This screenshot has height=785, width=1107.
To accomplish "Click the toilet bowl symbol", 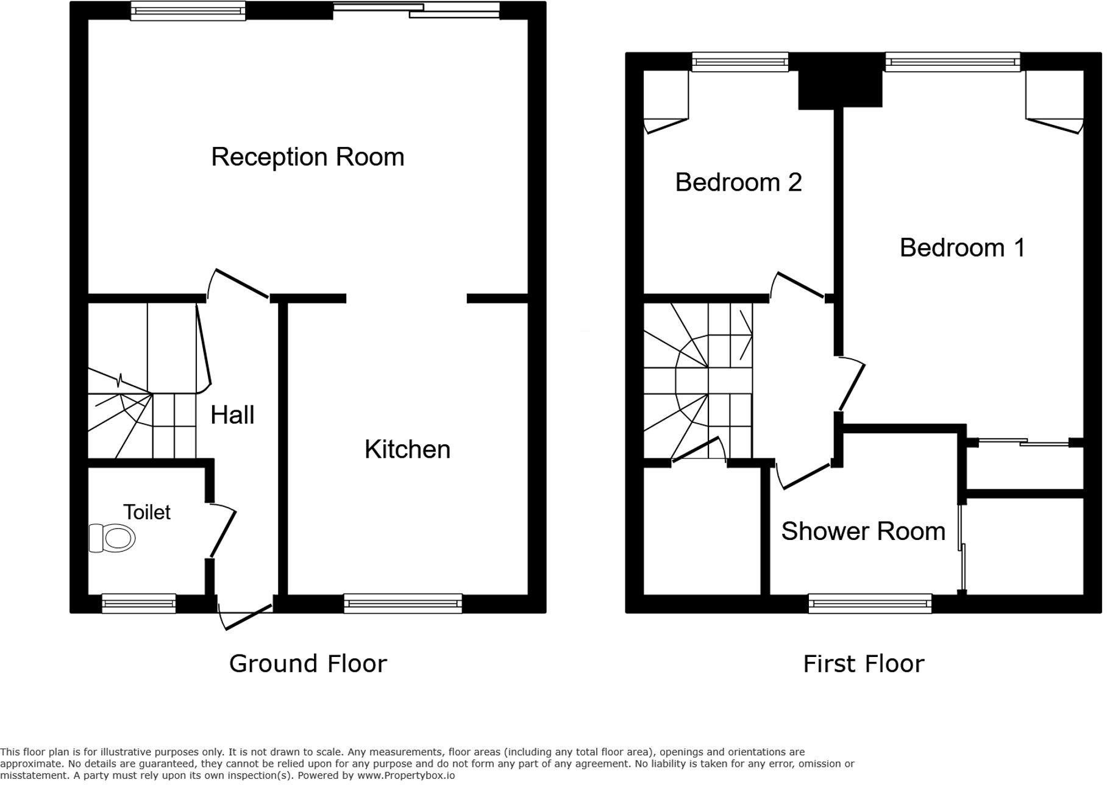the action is (112, 538).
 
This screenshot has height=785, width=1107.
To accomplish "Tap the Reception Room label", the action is (308, 157).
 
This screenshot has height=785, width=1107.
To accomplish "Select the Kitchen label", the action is (407, 450).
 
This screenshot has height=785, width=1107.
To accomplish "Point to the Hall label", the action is (232, 415).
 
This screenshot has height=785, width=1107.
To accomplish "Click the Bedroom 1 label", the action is (962, 247).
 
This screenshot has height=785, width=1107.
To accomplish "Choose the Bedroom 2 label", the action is (738, 182).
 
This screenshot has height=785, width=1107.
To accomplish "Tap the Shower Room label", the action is (863, 531).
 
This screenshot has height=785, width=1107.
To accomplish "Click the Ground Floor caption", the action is (308, 664).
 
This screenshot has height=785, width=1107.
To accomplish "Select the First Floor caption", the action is (863, 664).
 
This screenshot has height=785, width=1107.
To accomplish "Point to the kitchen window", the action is (403, 603).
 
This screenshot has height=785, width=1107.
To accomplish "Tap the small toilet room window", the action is (139, 603).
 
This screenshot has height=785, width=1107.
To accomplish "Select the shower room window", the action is (870, 603).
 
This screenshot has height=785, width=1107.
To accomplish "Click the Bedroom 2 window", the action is (740, 62).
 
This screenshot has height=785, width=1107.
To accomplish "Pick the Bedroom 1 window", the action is (953, 62).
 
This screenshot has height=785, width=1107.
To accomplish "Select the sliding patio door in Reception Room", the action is (416, 10).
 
